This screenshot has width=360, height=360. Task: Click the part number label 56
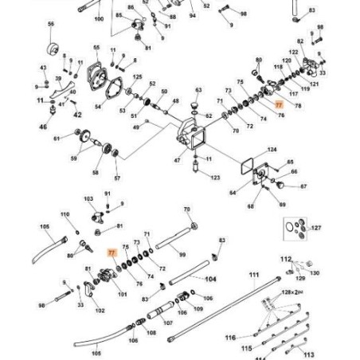pyautogui.click(x=50, y=25)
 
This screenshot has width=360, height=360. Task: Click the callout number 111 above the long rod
pyautogui.click(x=254, y=274)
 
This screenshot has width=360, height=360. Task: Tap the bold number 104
pyautogui.click(x=210, y=280)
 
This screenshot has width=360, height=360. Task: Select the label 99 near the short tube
pyautogui.click(x=182, y=254)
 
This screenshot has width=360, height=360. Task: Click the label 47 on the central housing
pyautogui.click(x=178, y=160)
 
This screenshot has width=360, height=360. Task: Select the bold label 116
pyautogui.click(x=229, y=338)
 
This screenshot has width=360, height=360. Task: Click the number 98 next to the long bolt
pyautogui.click(x=42, y=305)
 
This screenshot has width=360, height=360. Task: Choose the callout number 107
pyautogui.click(x=168, y=323)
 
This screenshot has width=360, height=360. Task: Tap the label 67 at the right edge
pyautogui.click(x=303, y=187)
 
